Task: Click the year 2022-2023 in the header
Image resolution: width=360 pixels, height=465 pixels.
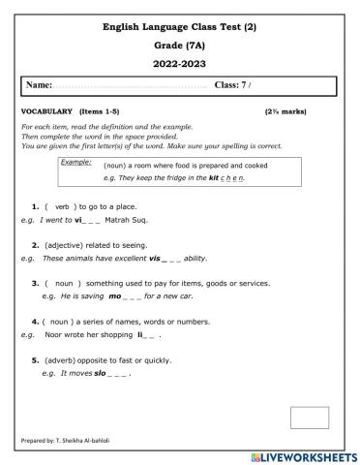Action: [181, 63]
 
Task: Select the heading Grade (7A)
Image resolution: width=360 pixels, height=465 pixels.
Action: [181, 45]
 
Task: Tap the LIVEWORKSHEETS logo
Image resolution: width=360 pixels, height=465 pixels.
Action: [304, 456]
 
